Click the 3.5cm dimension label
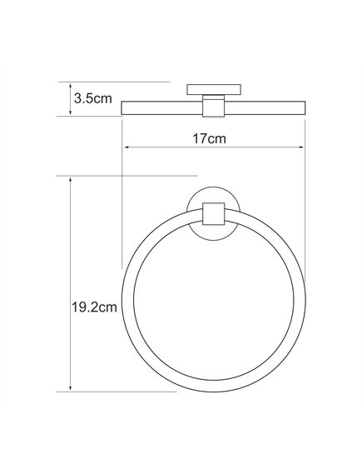click(92, 98)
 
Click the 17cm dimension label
click(209, 139)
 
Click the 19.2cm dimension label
click(94, 307)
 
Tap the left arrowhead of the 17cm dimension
click(127, 147)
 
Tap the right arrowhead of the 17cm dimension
click(301, 147)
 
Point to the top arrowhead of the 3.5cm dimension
click(71, 86)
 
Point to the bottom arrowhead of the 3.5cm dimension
click(71, 112)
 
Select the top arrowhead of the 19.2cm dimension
click(71, 180)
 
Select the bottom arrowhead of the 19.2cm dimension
click(71, 387)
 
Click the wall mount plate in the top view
click(214, 89)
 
